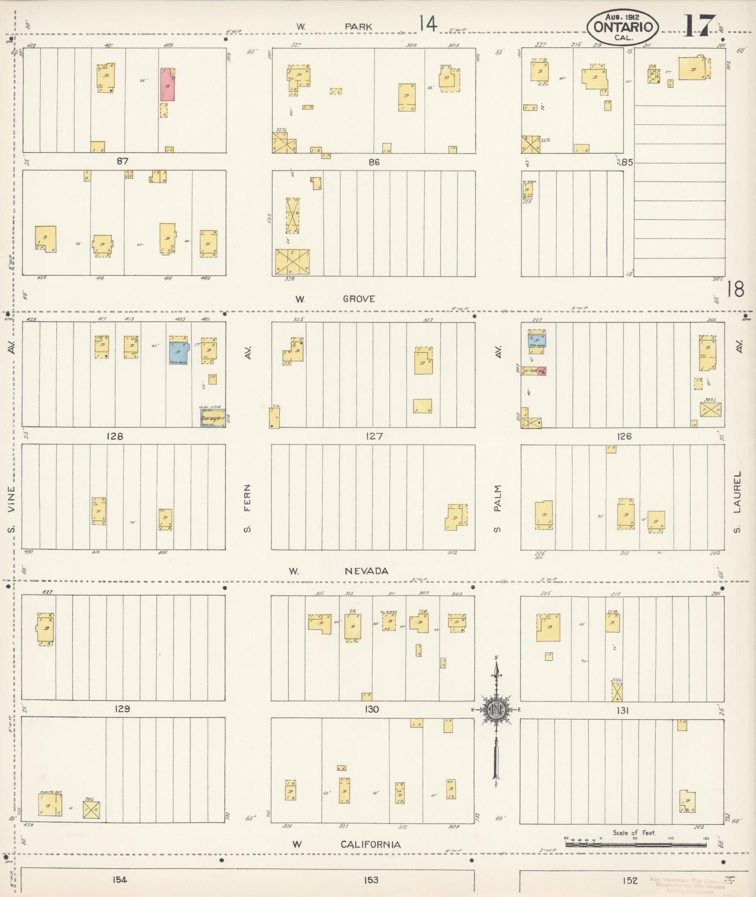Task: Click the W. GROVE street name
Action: pos(335,299)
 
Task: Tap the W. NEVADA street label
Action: pos(338,571)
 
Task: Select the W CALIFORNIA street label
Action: pos(346,844)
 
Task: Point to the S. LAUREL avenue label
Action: pos(738,502)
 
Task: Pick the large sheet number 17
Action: pos(699,26)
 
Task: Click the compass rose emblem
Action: pos(496,709)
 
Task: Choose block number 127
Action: pos(374,436)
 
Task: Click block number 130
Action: pos(372,709)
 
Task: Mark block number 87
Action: pos(123,161)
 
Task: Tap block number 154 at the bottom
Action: pos(120,880)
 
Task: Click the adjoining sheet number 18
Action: pos(735,289)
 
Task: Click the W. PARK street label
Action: pos(334,27)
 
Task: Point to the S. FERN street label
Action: pos(247,509)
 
